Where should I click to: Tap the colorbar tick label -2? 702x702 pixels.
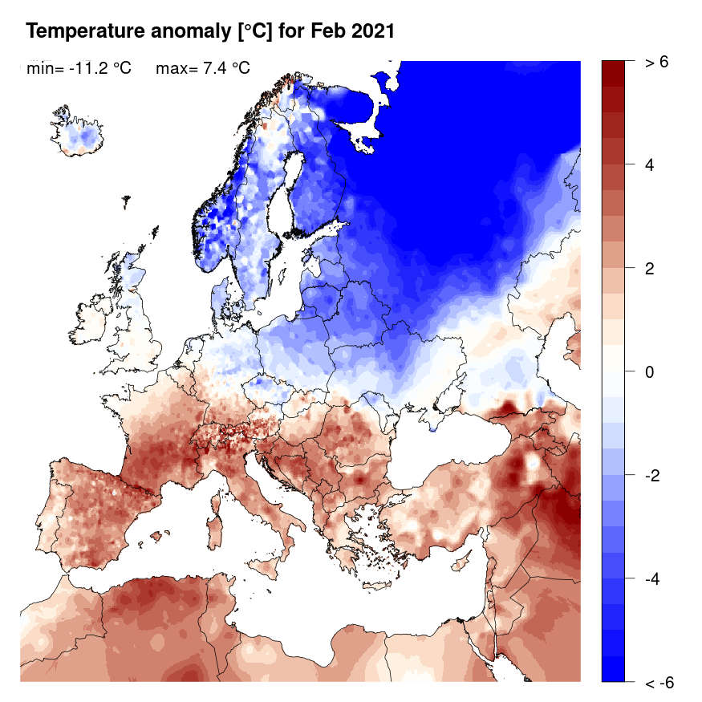[x=652, y=476]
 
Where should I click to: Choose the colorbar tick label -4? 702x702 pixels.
[x=652, y=578]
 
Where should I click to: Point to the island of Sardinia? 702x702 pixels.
[x=214, y=534]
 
